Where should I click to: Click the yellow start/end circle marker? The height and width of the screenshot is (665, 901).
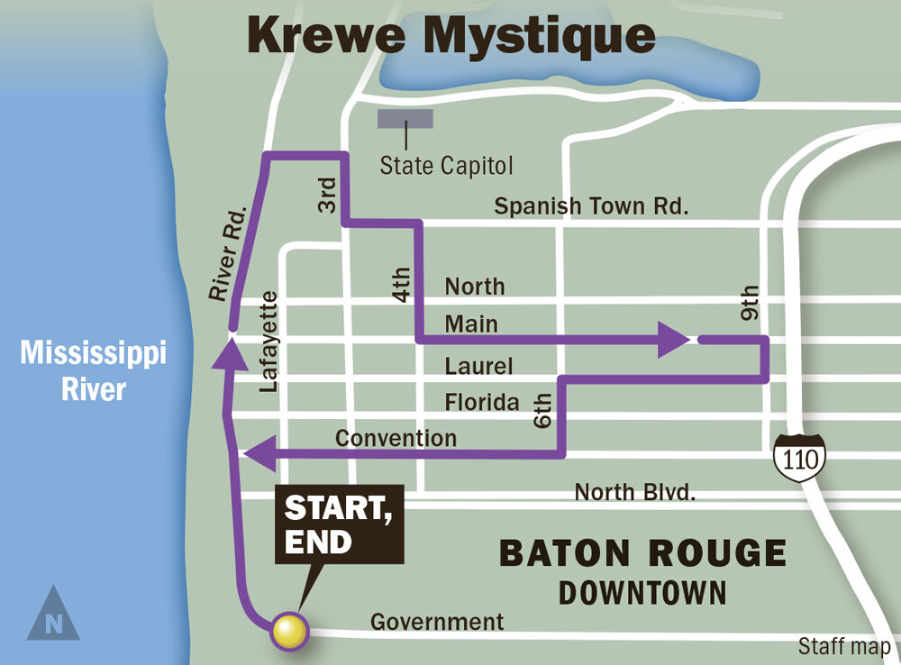click(x=289, y=630)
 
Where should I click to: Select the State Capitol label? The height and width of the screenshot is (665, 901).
click(x=446, y=166)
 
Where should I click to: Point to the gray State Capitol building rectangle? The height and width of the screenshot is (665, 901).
click(x=405, y=119)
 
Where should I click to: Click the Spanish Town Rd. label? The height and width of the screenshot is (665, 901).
click(x=591, y=205)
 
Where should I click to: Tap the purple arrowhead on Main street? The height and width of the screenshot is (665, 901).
click(x=673, y=340)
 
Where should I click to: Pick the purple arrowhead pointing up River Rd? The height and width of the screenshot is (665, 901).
click(x=230, y=351)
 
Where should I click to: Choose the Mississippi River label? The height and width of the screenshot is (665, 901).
click(x=94, y=371)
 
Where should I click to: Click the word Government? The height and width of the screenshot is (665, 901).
click(x=437, y=622)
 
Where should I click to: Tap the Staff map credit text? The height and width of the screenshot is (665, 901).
click(x=844, y=646)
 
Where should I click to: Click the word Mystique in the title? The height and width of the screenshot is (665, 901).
click(x=540, y=36)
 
